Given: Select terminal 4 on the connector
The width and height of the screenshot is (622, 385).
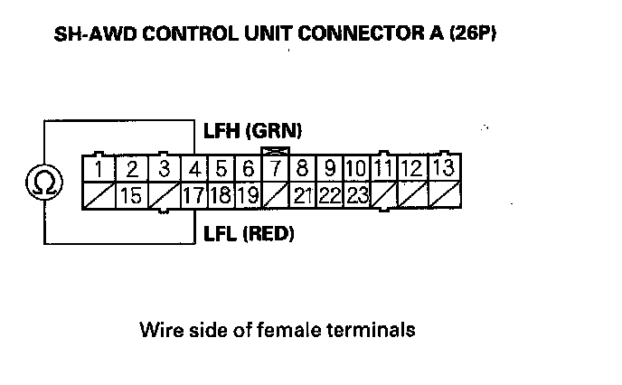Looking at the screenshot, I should (195, 169).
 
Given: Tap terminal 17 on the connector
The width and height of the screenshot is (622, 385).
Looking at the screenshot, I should (193, 194).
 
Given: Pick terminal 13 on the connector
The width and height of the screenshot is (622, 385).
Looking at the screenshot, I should (443, 168).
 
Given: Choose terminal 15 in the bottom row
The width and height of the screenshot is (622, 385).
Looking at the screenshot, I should (131, 194).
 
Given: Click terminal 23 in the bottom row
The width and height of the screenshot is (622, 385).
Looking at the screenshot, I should (358, 194).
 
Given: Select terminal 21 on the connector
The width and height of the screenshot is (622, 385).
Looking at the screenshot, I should (303, 194).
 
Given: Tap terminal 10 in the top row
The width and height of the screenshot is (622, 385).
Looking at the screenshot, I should (356, 169).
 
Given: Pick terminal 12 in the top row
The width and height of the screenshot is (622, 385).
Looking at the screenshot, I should (411, 169).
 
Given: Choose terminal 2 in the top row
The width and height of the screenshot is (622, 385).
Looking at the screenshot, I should (131, 169).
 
